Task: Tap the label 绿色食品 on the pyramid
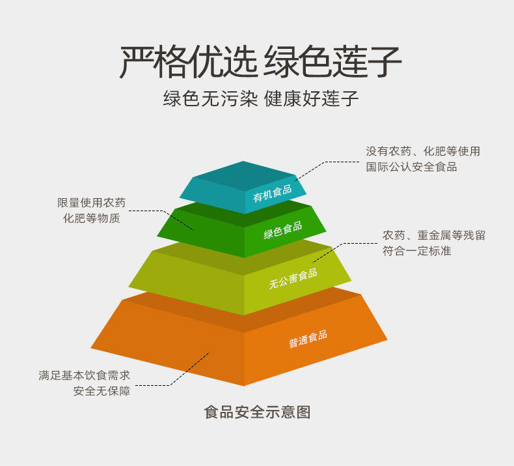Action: [282, 230]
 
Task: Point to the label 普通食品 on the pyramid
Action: [308, 340]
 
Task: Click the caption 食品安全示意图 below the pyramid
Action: [257, 413]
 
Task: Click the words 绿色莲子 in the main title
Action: [332, 62]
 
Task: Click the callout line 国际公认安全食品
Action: [411, 167]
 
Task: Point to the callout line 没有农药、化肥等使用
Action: [423, 151]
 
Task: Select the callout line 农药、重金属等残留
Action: [434, 235]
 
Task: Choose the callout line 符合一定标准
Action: [416, 251]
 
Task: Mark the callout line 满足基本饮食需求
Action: [84, 375]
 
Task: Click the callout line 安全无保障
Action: [101, 391]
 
